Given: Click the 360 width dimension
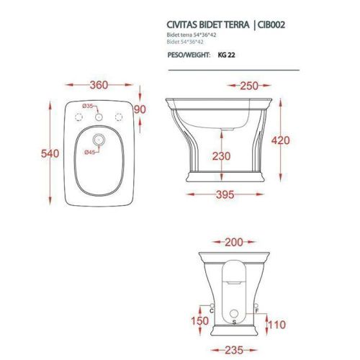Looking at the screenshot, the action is point(99,85).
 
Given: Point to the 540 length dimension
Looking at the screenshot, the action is point(50,153).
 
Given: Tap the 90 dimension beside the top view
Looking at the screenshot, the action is point(140,109).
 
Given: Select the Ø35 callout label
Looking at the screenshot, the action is point(87,106).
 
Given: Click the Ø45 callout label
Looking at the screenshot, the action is point(90,152).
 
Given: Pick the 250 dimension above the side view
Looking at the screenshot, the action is point(249,86).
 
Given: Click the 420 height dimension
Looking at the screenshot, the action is point(281,140).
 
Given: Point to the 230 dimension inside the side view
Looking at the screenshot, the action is point(221,156).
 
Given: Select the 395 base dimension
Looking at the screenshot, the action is point(225,194).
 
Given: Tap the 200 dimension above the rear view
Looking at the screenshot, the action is point(234,243).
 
